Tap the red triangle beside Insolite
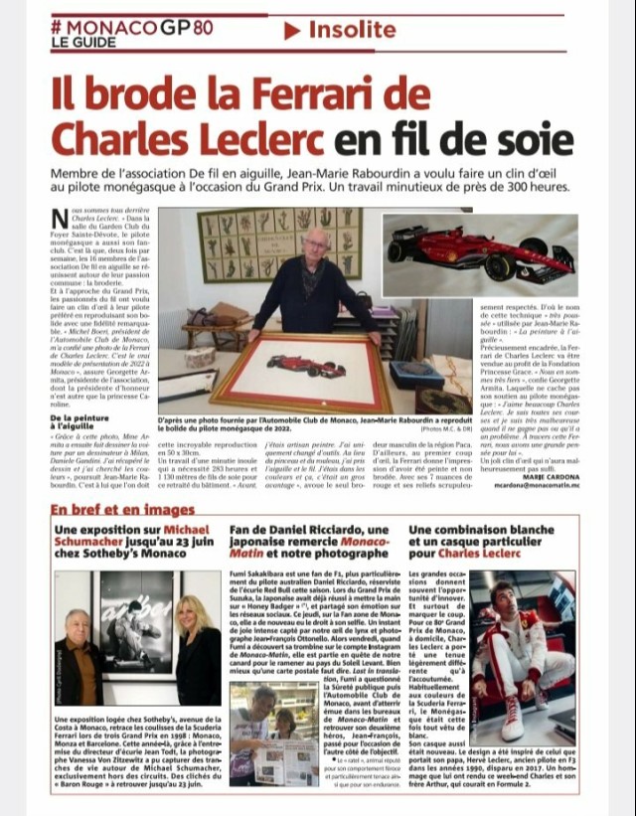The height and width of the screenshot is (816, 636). point(292,30)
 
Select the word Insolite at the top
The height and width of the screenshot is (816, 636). point(354,30)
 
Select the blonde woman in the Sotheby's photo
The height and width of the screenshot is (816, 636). point(197,636)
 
